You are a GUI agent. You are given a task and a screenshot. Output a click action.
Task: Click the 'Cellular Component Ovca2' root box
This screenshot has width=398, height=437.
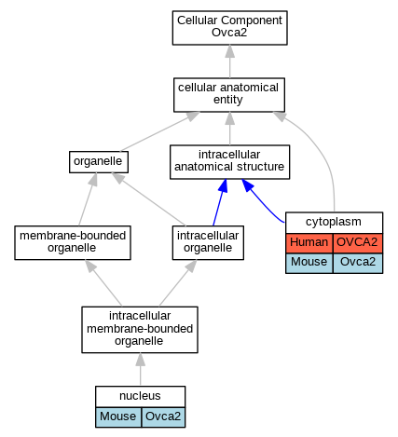click(229, 28)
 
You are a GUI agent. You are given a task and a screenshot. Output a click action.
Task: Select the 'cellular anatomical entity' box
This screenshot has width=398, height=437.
click(229, 95)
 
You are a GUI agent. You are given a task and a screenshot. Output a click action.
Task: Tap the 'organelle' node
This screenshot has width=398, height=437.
click(99, 162)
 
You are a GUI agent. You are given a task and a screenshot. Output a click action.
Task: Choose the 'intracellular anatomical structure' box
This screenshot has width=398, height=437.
click(229, 162)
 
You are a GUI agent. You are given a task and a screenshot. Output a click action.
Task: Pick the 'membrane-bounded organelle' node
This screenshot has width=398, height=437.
click(73, 242)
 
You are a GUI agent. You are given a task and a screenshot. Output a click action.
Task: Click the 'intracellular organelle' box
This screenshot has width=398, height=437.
click(208, 242)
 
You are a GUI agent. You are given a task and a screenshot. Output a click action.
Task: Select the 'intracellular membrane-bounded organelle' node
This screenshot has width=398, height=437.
click(140, 330)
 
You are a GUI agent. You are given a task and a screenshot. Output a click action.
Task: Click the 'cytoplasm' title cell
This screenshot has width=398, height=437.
click(334, 223)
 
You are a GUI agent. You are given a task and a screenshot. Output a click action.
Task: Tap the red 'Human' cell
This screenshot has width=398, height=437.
click(309, 243)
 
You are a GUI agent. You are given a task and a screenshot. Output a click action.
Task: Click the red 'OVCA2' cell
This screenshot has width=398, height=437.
click(358, 243)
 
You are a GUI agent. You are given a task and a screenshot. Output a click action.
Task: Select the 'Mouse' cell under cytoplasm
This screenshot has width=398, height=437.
click(309, 263)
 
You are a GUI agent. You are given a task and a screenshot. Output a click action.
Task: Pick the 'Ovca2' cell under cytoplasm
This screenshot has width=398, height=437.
click(358, 263)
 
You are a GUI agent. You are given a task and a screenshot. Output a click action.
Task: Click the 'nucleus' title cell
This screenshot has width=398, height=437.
click(140, 396)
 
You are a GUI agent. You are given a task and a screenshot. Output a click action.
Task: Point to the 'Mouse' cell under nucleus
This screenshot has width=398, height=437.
click(118, 417)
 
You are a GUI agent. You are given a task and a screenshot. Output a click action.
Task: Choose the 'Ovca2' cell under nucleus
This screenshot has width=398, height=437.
click(163, 417)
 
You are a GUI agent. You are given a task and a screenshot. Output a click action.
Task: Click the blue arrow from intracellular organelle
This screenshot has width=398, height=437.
click(220, 202)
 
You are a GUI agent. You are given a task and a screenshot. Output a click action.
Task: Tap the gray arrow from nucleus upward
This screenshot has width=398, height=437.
click(140, 370)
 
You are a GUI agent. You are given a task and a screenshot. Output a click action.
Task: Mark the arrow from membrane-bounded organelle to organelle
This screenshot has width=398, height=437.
click(87, 199)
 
